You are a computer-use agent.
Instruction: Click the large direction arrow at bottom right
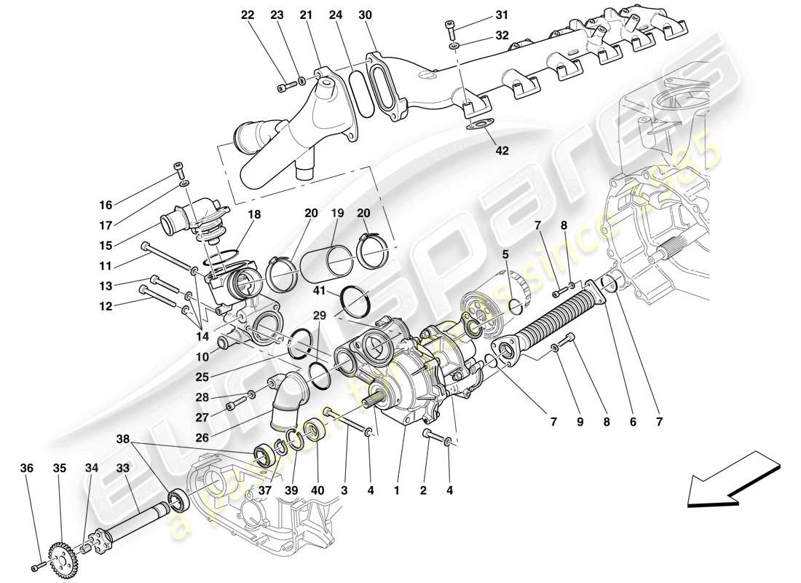[731, 480]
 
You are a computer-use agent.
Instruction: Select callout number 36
[27, 469]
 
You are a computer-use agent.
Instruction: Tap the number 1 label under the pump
[397, 491]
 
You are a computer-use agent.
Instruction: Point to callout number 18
[254, 215]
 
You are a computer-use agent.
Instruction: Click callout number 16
[106, 205]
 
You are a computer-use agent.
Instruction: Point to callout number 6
[632, 421]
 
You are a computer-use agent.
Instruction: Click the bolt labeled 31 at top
[450, 29]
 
